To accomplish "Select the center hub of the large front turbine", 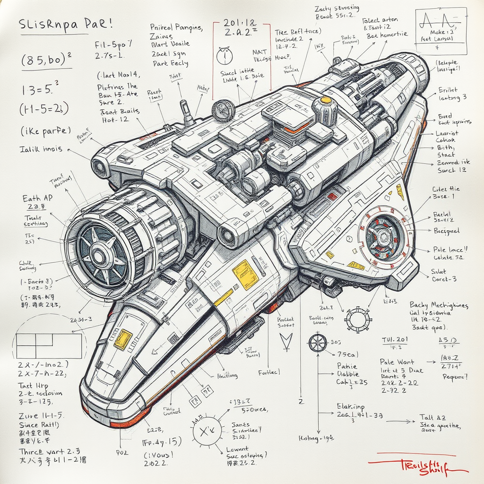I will [x=99, y=257].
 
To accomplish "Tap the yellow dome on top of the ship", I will [x=326, y=100].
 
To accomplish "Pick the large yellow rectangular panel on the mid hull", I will [x=245, y=275].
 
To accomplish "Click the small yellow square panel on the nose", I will [x=123, y=339].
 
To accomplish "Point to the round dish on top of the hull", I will [x=223, y=111].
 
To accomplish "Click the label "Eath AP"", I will [x=37, y=199].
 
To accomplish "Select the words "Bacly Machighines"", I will [x=439, y=305].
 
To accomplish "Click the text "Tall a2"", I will [x=432, y=417].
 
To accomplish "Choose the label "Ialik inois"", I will [x=41, y=149].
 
